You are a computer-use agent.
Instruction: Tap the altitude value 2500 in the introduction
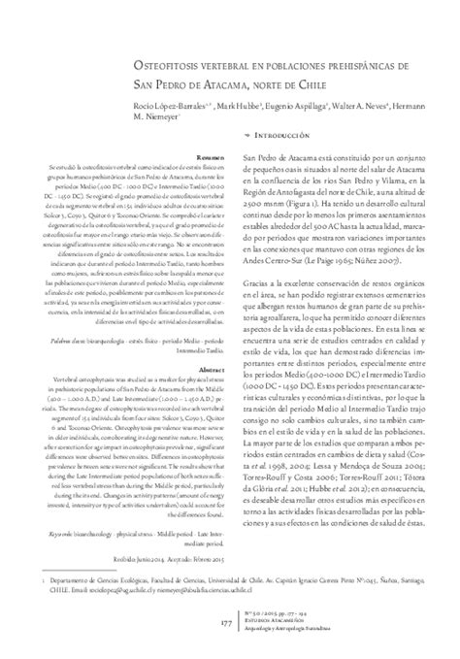pos(257,206)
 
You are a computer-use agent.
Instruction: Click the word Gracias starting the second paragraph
pos(256,278)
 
